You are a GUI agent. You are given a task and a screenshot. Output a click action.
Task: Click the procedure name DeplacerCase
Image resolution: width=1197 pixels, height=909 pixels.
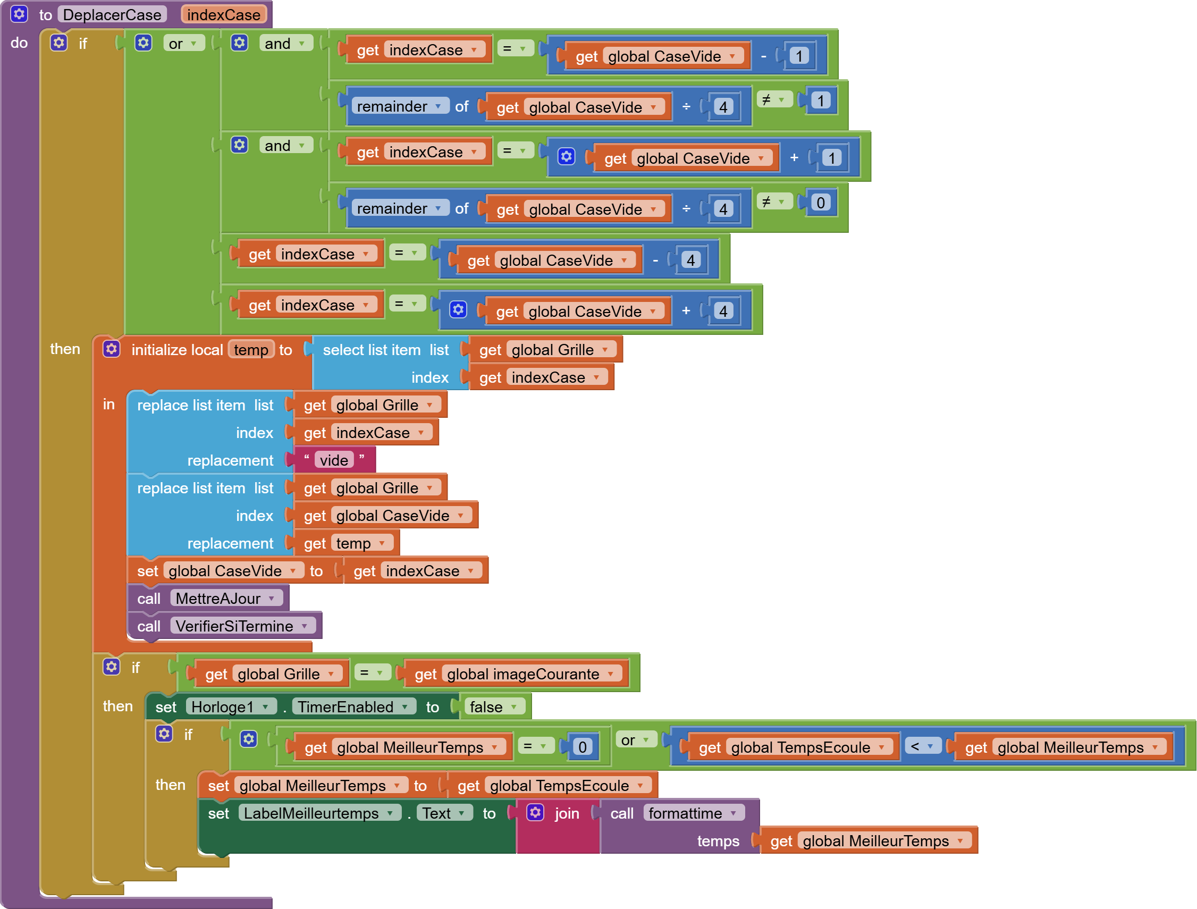[x=112, y=14]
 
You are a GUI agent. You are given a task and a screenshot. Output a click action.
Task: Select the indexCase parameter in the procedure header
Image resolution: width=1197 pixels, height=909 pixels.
[x=223, y=14]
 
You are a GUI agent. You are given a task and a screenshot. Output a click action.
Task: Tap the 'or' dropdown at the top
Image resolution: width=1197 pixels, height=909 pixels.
[x=183, y=43]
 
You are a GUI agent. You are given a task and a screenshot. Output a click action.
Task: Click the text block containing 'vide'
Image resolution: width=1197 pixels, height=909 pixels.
[x=334, y=460]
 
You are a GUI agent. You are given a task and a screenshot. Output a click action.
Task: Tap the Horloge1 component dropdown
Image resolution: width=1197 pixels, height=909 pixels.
[x=230, y=706]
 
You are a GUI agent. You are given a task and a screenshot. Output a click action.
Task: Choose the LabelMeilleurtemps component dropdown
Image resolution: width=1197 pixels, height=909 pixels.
[x=319, y=813]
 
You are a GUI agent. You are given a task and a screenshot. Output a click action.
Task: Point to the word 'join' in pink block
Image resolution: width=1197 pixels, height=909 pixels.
[x=567, y=813]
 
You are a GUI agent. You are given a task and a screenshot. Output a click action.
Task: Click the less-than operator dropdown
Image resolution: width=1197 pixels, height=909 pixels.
[x=922, y=747]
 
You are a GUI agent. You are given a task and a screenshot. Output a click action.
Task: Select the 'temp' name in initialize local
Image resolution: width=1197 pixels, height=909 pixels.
[x=250, y=350]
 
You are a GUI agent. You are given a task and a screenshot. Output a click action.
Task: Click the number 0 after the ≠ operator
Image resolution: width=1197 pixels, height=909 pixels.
[x=820, y=203]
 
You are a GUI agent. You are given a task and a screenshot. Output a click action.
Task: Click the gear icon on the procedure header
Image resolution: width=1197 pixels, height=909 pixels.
[x=19, y=14]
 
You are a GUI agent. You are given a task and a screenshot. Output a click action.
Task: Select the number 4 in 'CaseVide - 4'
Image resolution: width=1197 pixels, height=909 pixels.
[x=690, y=260]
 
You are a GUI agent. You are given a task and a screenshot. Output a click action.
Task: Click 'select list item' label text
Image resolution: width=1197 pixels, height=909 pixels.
[x=371, y=350]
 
